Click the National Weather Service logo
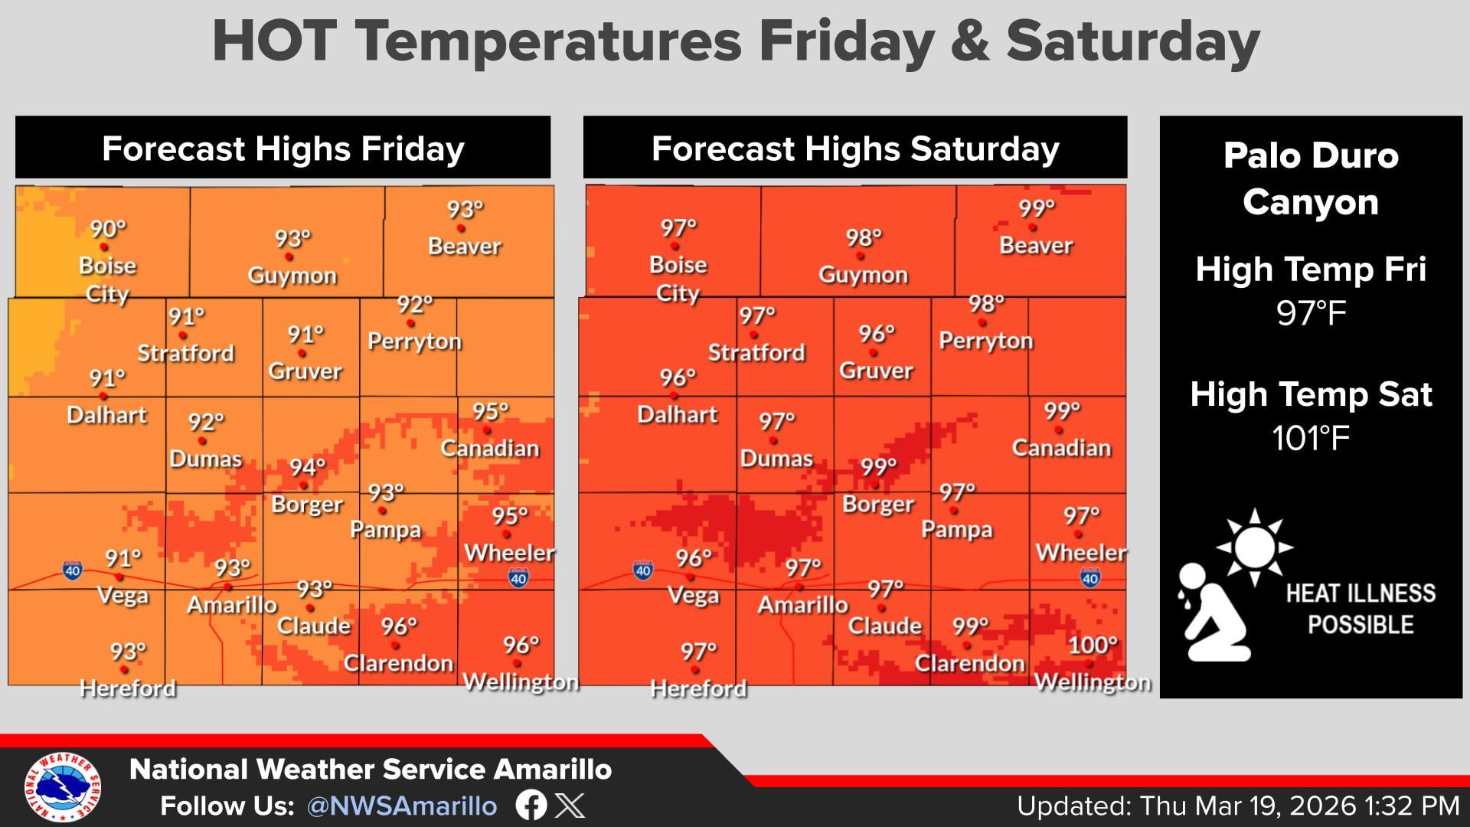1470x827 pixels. point(63,786)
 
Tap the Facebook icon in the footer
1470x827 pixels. point(531,805)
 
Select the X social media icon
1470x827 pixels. point(570,805)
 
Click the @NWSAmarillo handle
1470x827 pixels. point(402,806)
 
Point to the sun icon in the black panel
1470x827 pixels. point(1254,547)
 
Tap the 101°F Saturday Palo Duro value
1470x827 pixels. point(1310,439)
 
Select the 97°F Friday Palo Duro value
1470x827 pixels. point(1311,314)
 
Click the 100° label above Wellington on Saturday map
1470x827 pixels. point(1093,645)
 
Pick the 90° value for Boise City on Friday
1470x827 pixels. point(108,228)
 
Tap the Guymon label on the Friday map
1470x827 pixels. point(292,276)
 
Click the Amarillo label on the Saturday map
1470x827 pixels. point(802,605)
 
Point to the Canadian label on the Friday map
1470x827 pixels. point(490,448)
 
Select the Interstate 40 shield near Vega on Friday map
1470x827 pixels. point(73,570)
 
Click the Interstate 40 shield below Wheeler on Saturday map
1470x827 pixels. point(1090,577)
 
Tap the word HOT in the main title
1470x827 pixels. point(274,41)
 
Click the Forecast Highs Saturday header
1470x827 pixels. point(855,149)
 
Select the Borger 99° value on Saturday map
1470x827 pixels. point(877,466)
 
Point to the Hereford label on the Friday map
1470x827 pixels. point(128,688)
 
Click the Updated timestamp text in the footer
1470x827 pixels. point(1237,806)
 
